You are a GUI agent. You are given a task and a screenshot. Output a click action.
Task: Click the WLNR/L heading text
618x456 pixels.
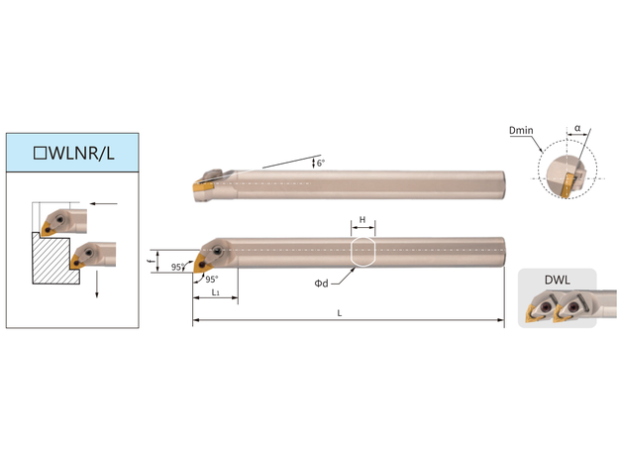click(x=82, y=153)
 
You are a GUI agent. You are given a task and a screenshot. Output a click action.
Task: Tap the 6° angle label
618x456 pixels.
click(x=321, y=163)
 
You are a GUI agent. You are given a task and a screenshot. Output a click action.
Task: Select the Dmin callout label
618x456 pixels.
click(x=521, y=130)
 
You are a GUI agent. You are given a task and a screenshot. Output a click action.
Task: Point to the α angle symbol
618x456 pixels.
click(x=577, y=128)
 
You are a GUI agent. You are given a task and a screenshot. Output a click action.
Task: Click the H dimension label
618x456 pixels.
click(x=362, y=220)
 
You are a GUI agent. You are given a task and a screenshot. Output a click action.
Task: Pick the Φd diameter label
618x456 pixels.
click(x=321, y=284)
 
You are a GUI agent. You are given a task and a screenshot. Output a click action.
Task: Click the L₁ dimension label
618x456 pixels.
click(x=215, y=292)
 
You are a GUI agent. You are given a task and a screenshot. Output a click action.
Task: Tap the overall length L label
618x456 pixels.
click(x=340, y=313)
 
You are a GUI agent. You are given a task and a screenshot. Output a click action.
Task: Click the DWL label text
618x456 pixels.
click(x=558, y=281)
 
